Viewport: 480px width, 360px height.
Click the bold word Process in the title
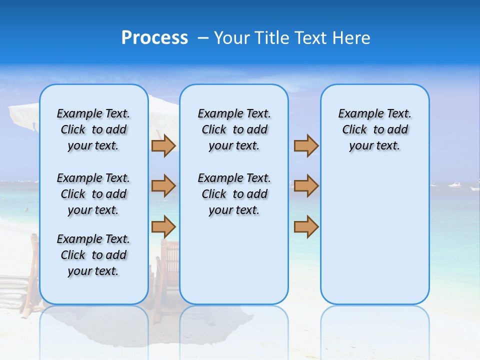(x=154, y=38)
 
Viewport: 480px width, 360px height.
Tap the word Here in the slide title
(x=351, y=38)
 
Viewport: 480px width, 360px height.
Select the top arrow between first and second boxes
(x=163, y=145)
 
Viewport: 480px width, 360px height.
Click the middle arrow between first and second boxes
(x=163, y=186)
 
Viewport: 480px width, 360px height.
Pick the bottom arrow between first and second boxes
(x=163, y=226)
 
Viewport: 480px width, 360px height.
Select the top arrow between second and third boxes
(x=306, y=145)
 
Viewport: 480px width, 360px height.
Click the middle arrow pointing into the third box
(x=306, y=186)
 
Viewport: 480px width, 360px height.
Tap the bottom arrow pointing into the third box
(x=306, y=226)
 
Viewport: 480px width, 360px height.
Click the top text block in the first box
(x=93, y=129)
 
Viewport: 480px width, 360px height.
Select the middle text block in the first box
(x=93, y=194)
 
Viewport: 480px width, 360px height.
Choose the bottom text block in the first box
(x=93, y=255)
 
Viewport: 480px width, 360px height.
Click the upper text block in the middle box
(x=234, y=129)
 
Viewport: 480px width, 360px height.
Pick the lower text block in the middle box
(x=234, y=194)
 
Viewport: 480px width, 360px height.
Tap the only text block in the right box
(x=374, y=129)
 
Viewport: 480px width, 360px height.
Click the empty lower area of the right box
(x=374, y=240)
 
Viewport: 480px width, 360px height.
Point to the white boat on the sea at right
(x=454, y=185)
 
